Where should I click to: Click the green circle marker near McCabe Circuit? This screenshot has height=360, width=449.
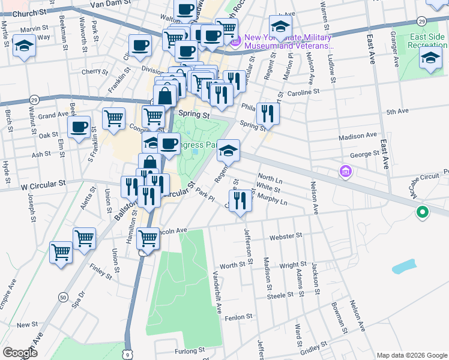pos(422,212)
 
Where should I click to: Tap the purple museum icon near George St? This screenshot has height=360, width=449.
pos(345,172)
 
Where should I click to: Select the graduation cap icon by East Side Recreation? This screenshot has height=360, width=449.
pos(430,58)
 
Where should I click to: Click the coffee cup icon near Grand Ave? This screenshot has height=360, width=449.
pos(79,127)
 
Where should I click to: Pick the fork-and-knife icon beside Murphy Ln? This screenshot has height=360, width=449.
pos(240,200)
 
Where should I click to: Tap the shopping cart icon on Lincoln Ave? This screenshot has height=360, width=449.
pos(148,238)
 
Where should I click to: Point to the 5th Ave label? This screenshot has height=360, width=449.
pos(397,112)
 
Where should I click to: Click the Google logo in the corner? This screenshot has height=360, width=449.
pos(20,353)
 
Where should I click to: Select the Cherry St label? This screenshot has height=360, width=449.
pos(95,71)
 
